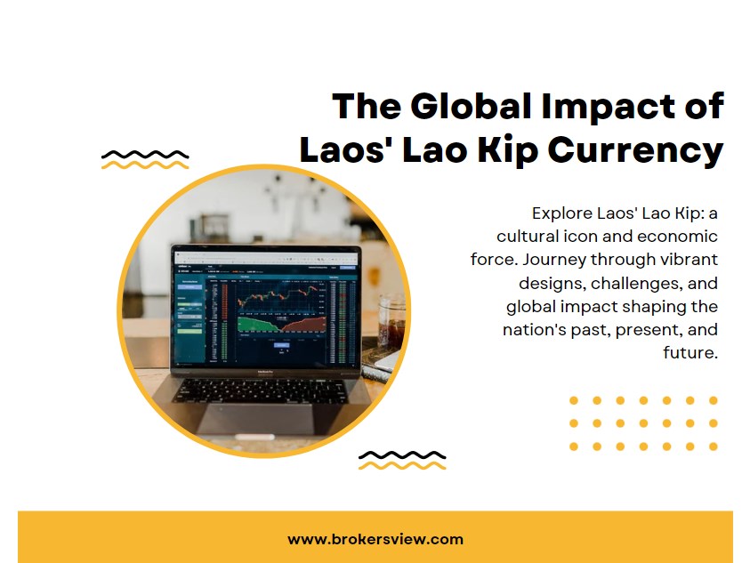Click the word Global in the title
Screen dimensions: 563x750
[465, 107]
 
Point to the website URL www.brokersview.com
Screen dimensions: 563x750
[375, 539]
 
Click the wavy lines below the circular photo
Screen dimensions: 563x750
[401, 460]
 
